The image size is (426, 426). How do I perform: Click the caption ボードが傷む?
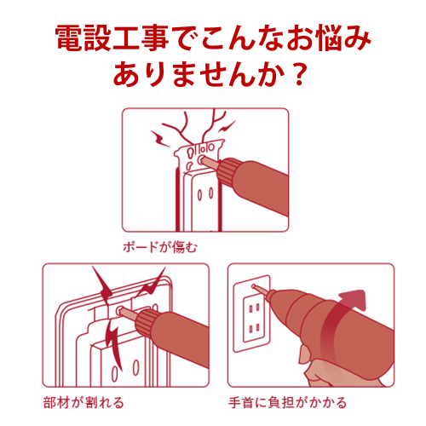tap(160, 247)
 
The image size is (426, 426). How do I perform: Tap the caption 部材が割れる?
tap(83, 402)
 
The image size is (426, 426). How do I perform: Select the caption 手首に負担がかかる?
tap(287, 402)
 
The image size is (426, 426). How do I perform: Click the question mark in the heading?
tap(300, 74)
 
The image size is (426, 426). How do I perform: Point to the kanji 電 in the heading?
tap(69, 38)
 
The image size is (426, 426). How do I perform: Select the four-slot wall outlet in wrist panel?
tap(254, 318)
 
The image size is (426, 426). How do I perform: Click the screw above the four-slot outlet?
tap(253, 286)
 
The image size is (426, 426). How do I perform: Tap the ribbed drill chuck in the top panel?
tap(227, 170)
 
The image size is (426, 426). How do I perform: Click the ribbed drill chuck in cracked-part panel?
tap(147, 321)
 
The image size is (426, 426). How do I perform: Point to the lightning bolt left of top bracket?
tap(160, 138)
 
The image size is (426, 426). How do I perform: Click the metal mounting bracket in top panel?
tap(198, 155)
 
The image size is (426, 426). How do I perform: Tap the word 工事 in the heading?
tap(141, 38)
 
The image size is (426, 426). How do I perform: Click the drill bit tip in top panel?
tap(202, 159)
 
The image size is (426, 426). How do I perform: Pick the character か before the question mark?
tap(271, 74)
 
